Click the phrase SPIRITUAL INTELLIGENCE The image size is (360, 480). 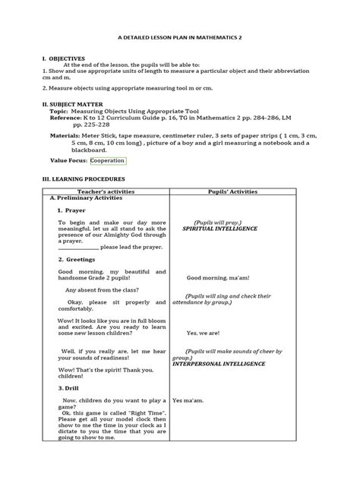(x=220, y=228)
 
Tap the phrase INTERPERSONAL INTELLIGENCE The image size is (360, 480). (x=219, y=364)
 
